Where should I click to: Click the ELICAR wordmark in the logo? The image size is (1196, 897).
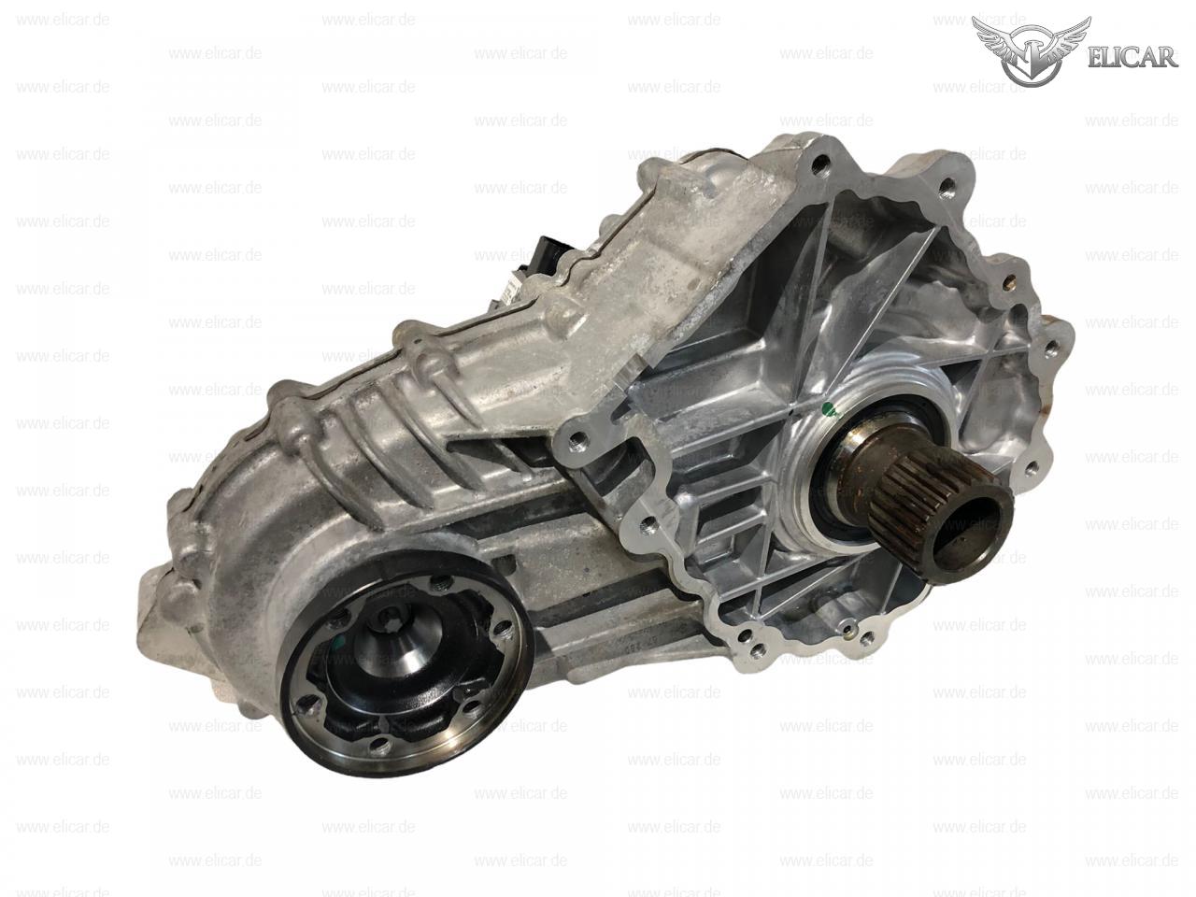pos(1132,58)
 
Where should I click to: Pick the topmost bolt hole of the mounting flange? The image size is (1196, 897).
pos(821,160)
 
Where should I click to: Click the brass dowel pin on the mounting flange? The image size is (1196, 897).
pos(1009,283)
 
